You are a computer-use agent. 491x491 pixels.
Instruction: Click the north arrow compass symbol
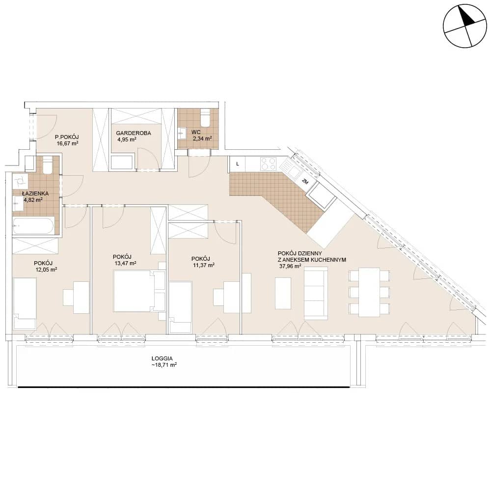(465, 26)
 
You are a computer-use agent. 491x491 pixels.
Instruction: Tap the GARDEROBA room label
(134, 133)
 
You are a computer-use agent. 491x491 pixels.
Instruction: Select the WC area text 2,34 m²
(202, 138)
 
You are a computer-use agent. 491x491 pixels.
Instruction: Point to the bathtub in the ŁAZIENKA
(33, 225)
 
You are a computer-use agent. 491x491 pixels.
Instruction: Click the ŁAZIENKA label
(35, 193)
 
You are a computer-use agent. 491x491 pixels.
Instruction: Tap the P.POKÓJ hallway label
(67, 137)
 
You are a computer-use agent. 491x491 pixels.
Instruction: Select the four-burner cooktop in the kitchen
(269, 164)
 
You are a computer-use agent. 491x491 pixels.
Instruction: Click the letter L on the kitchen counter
(238, 164)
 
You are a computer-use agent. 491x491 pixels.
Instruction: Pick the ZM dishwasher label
(304, 181)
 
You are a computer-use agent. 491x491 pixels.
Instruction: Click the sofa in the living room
(316, 294)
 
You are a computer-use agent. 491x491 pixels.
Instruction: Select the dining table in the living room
(370, 292)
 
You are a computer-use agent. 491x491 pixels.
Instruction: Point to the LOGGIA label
(162, 358)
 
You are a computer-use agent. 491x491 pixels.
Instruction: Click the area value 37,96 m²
(290, 267)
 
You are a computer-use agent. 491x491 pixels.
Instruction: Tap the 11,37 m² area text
(204, 265)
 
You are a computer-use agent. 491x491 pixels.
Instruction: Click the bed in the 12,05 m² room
(25, 303)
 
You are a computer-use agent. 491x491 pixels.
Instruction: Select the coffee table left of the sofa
(283, 293)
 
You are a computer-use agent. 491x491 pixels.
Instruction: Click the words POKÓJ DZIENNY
(300, 253)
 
